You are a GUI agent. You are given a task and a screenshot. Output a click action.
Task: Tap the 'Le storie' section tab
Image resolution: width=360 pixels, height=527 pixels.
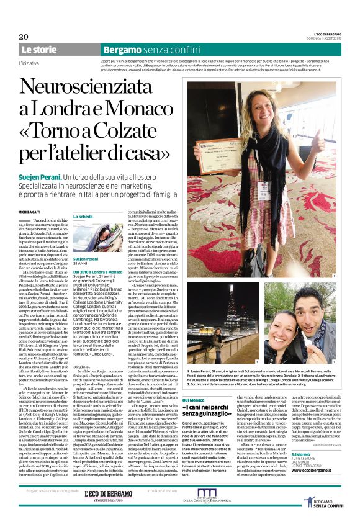40,49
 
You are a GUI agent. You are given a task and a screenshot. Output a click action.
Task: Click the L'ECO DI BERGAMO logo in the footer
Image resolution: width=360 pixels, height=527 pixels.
108,495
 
